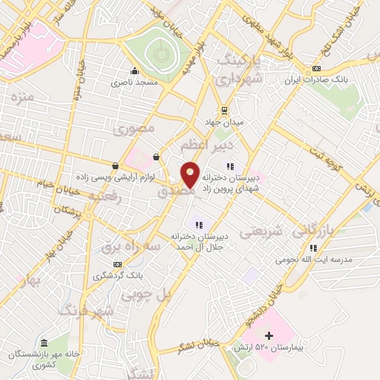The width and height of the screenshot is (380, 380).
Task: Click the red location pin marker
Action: click(190, 174)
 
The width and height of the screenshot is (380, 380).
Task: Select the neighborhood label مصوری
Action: click(134, 128)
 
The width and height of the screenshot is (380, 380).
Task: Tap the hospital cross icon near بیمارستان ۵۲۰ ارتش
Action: click(269, 337)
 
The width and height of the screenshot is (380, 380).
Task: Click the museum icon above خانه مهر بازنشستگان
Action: click(45, 342)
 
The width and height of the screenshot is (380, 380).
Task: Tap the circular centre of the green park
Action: click(158, 53)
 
